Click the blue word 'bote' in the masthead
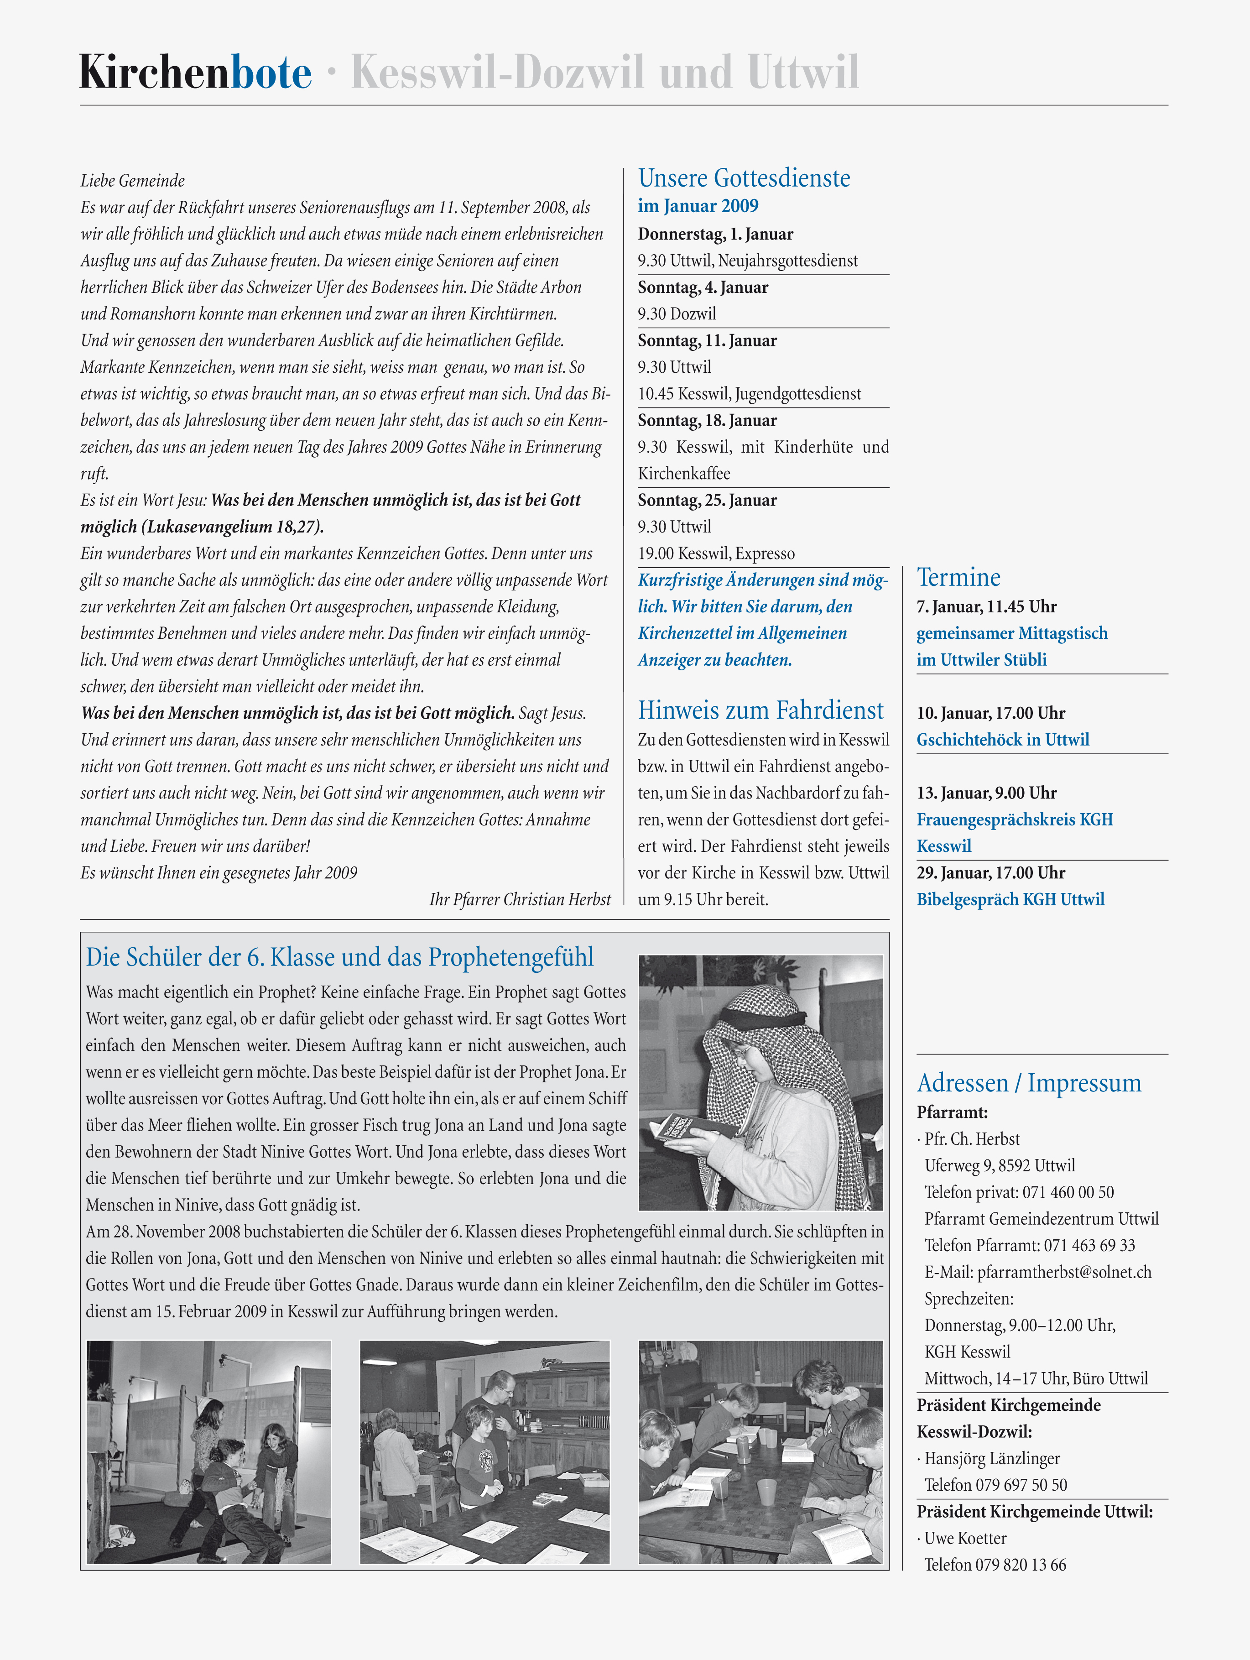pyautogui.click(x=271, y=73)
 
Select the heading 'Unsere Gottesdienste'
pyautogui.click(x=744, y=178)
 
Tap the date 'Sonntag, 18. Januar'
pyautogui.click(x=707, y=420)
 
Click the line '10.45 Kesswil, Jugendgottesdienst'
pyautogui.click(x=749, y=394)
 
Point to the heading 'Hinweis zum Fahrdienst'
pyautogui.click(x=760, y=710)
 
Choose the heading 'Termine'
pyautogui.click(x=958, y=577)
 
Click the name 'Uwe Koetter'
pyautogui.click(x=965, y=1539)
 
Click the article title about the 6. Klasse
pyautogui.click(x=339, y=958)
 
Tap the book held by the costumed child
pyautogui.click(x=687, y=1129)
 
